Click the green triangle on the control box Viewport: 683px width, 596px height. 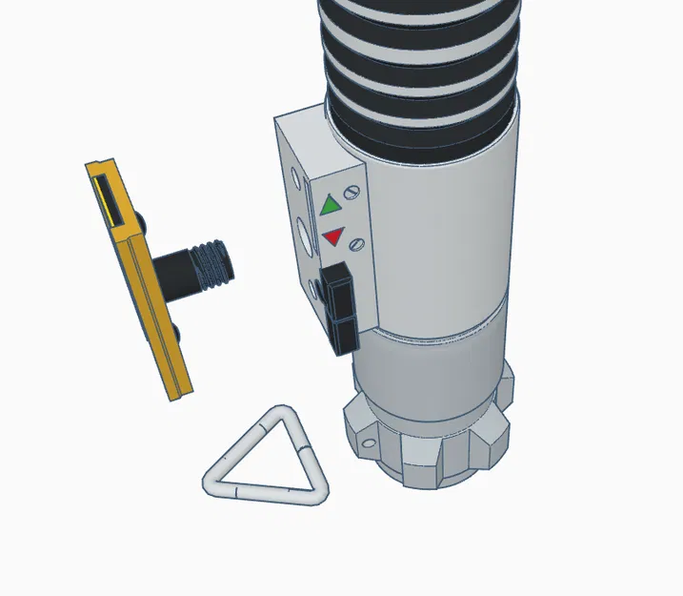(x=331, y=204)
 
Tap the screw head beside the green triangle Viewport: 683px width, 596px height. (x=356, y=194)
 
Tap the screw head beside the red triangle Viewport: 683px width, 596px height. (x=357, y=244)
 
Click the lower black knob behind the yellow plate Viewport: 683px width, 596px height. (x=180, y=332)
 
